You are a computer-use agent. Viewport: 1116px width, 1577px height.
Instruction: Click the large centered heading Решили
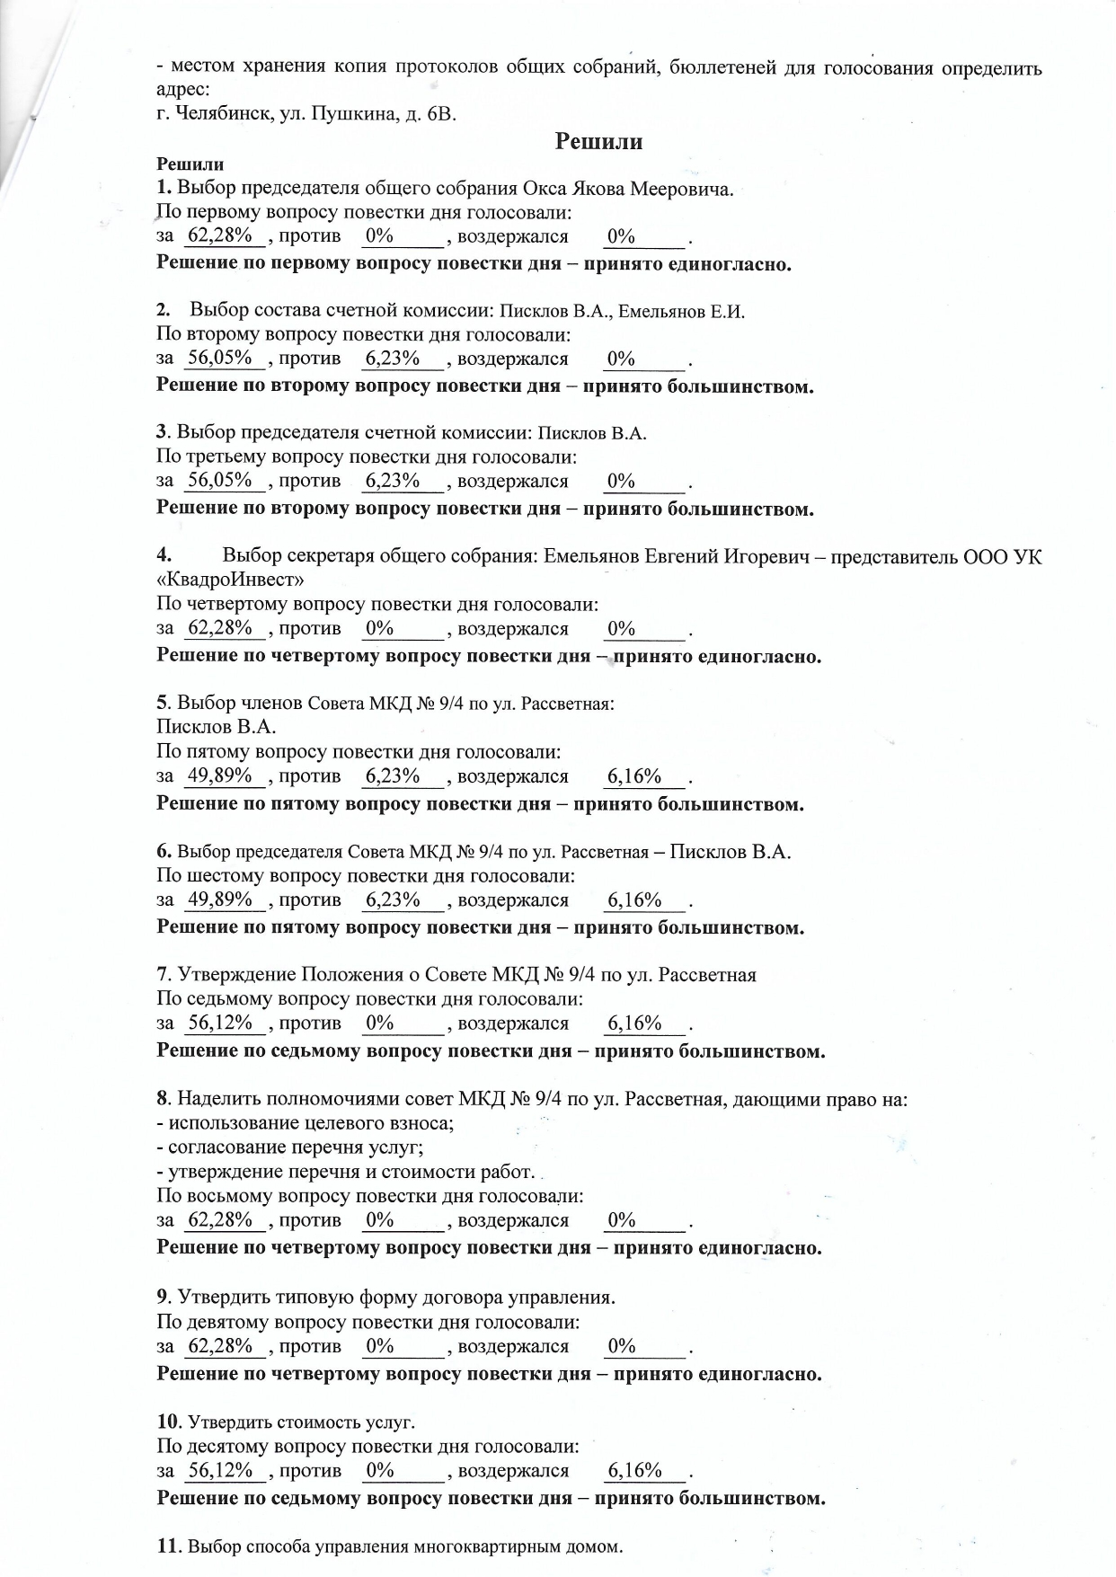click(598, 142)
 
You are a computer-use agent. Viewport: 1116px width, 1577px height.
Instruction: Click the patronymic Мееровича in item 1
click(680, 189)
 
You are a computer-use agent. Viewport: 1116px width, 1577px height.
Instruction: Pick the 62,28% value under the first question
click(219, 236)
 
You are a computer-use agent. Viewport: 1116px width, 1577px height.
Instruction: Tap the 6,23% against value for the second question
click(393, 359)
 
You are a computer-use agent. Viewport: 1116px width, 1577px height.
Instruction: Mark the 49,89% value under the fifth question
click(219, 775)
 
